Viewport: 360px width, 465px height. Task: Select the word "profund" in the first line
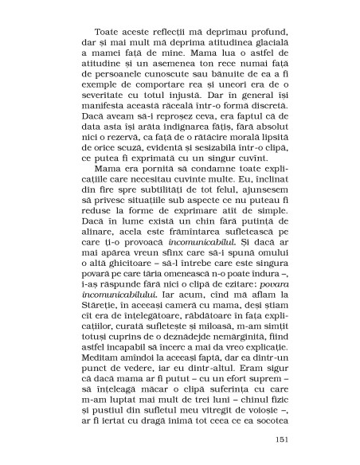click(x=252, y=37)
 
